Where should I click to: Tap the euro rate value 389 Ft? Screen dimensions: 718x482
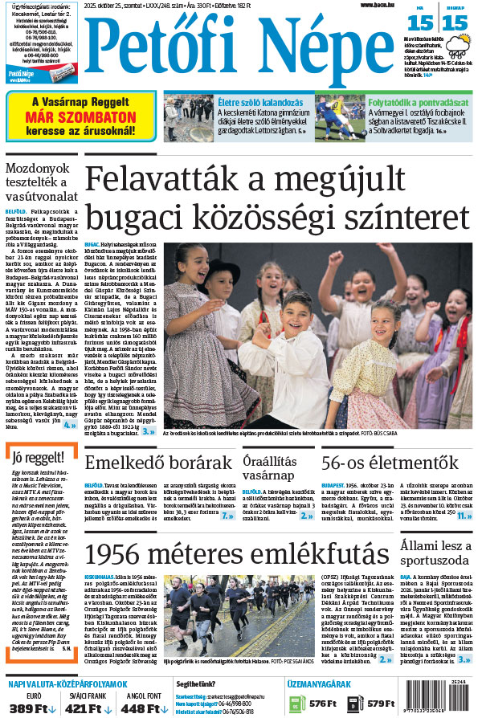point(27,708)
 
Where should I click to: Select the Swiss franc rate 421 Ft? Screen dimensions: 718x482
point(82,708)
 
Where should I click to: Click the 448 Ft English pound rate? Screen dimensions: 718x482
point(139,708)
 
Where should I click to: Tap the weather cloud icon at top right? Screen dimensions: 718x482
point(460,51)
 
